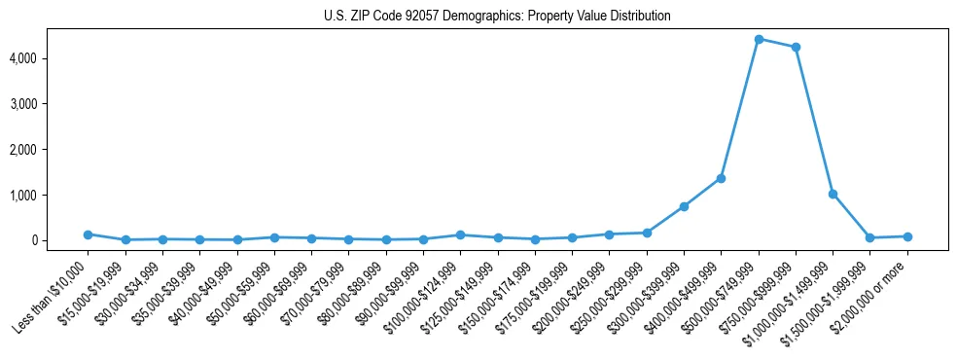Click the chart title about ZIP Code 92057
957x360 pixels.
pos(497,17)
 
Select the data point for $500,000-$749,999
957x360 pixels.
pos(759,39)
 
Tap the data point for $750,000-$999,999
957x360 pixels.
pos(796,47)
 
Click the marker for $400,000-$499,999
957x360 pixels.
pos(722,178)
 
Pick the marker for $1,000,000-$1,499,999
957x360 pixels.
pos(833,194)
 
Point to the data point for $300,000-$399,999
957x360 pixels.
pos(685,206)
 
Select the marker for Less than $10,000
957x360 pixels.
pos(88,234)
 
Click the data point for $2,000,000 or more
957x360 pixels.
pos(907,236)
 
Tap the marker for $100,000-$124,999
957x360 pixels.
pos(461,234)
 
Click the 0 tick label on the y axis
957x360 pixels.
pos(60,240)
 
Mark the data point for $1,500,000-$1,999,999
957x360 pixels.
pos(870,237)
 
